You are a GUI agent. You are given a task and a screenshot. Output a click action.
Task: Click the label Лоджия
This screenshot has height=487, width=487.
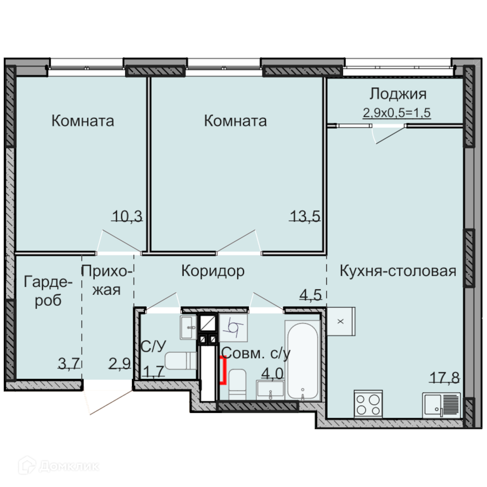pyautogui.click(x=398, y=94)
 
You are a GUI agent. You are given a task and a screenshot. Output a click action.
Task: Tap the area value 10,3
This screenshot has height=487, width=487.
pyautogui.click(x=127, y=216)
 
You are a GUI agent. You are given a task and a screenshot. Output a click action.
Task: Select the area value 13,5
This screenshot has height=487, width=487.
pyautogui.click(x=305, y=216)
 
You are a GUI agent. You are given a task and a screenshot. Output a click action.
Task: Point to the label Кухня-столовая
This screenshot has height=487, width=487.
pyautogui.click(x=398, y=271)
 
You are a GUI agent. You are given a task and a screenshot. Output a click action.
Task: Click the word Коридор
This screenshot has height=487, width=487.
pyautogui.click(x=213, y=271)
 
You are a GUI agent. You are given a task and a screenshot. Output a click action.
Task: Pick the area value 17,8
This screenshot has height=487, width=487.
pyautogui.click(x=445, y=378)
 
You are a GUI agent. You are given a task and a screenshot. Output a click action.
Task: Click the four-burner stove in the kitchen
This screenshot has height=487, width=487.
pyautogui.click(x=368, y=404)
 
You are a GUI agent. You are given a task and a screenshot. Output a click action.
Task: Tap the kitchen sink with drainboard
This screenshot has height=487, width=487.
pyautogui.click(x=441, y=405)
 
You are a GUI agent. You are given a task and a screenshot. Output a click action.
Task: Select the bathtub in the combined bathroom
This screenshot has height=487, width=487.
pyautogui.click(x=302, y=360)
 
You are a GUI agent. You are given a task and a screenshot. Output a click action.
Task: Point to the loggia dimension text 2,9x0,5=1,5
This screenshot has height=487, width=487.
pyautogui.click(x=397, y=113)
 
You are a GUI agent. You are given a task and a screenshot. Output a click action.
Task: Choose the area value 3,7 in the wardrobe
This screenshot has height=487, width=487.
pyautogui.click(x=69, y=363)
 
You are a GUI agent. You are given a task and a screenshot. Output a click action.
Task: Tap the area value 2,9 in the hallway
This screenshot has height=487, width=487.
pyautogui.click(x=120, y=363)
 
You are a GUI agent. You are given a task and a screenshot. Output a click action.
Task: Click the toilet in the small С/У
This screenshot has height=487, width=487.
pyautogui.click(x=181, y=360)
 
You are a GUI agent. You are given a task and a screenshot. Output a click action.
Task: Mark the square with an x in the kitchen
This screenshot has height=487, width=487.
pyautogui.click(x=341, y=321)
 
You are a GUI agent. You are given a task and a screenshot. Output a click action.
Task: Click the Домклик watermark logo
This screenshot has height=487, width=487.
pyautogui.click(x=59, y=466)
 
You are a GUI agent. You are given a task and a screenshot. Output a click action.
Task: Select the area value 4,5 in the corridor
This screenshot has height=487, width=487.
pyautogui.click(x=311, y=295)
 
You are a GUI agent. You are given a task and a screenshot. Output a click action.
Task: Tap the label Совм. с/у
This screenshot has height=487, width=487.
pyautogui.click(x=256, y=353)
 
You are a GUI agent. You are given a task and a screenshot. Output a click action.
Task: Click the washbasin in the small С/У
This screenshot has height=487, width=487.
pyautogui.click(x=188, y=327)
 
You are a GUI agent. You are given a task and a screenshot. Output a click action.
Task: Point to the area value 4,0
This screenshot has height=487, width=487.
pyautogui.click(x=272, y=374)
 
